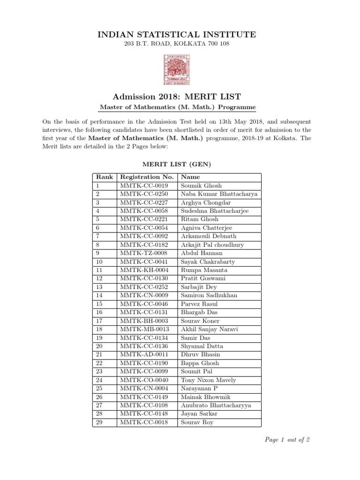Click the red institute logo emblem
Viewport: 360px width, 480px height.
click(x=176, y=70)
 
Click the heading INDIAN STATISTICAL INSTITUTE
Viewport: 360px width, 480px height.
click(x=177, y=34)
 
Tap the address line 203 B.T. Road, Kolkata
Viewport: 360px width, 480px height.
click(x=176, y=44)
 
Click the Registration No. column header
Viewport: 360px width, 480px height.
click(x=147, y=177)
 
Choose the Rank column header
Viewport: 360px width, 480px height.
click(x=104, y=177)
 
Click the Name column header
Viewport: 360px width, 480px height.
click(x=190, y=177)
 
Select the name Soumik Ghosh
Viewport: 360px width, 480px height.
click(x=202, y=186)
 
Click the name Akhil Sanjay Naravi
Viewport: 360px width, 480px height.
click(x=210, y=329)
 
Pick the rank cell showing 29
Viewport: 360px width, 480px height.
click(x=98, y=422)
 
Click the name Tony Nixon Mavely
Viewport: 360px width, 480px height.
click(x=209, y=380)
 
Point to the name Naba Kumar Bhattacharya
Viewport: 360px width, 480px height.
click(x=219, y=194)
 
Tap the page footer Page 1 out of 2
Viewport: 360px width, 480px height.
click(x=287, y=440)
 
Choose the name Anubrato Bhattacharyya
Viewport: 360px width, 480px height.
click(x=216, y=405)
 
